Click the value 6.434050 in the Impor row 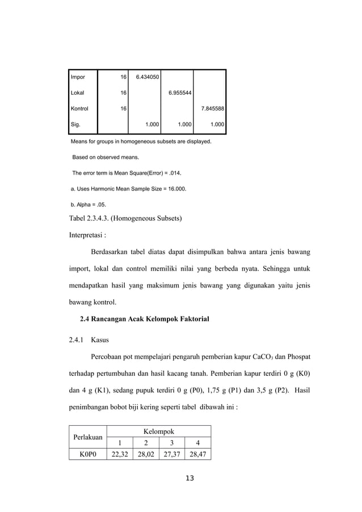147,76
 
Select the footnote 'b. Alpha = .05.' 88,205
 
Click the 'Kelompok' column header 158,432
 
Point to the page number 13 190,479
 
